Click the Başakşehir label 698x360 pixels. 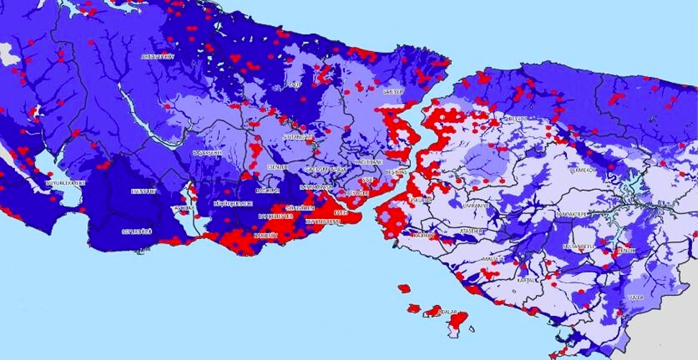tap(207, 153)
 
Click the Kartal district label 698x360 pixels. tap(527, 279)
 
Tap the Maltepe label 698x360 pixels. tap(494, 257)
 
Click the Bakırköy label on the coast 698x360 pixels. tap(266, 235)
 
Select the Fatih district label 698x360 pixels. tap(341, 213)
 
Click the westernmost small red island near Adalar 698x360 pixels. tap(404, 289)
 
